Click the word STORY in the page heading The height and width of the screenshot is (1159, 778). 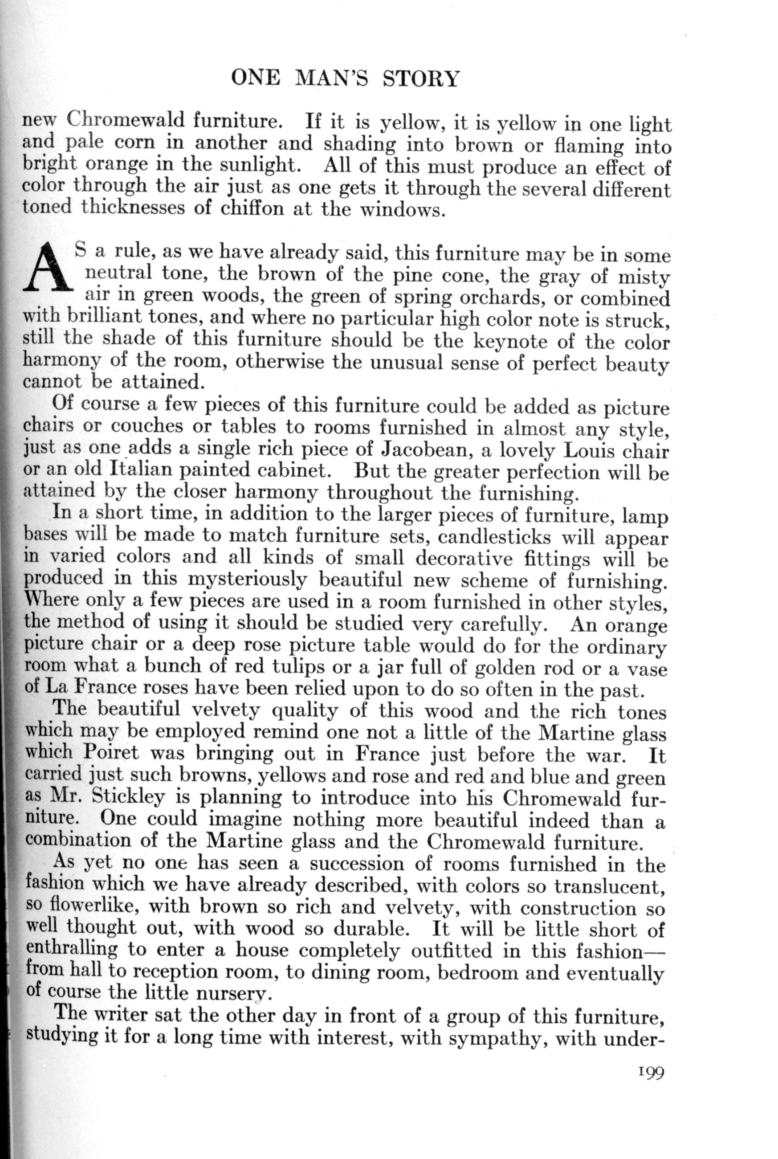[421, 79]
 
